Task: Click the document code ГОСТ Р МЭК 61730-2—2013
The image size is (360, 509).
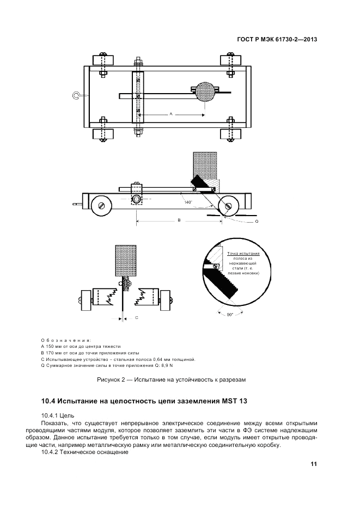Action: [x=277, y=40]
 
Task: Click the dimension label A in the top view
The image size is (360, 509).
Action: [x=171, y=114]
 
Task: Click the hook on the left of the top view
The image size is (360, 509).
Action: [x=77, y=96]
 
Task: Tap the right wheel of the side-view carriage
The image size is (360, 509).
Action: [x=228, y=206]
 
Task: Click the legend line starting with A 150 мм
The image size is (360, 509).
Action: [x=81, y=346]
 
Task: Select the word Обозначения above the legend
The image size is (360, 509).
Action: [x=66, y=339]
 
